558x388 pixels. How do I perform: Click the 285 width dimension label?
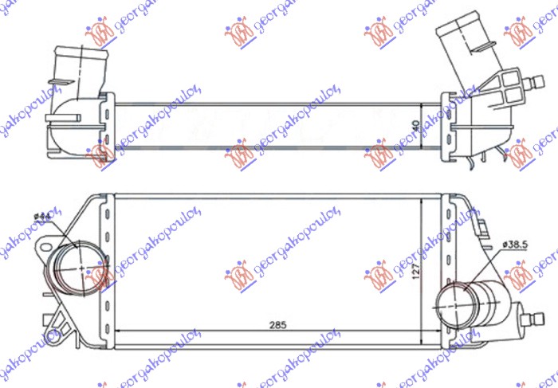[277, 324]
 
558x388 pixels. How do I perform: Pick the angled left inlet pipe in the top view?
[77, 80]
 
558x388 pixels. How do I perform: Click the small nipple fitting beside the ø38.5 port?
[525, 314]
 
